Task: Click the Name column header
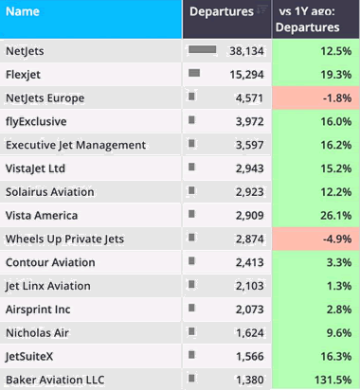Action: coord(23,12)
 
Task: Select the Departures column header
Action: coord(221,12)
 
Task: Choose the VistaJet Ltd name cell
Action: coord(35,168)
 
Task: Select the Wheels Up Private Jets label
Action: coord(64,239)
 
